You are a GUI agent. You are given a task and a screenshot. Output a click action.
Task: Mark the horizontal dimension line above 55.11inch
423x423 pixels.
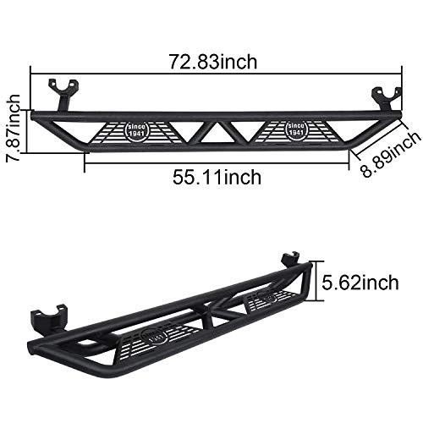point(216,162)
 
